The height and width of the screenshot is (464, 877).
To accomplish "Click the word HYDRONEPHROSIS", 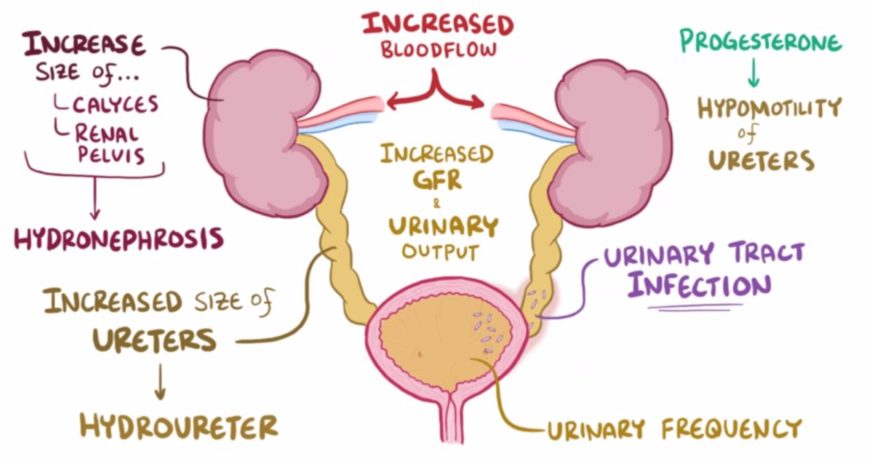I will click(119, 239).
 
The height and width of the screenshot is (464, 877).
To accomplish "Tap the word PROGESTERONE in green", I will click(759, 42).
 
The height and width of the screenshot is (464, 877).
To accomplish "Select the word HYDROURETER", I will click(179, 426).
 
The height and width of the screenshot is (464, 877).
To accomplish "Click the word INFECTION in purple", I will click(700, 284).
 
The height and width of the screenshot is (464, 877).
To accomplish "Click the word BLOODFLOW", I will click(438, 51).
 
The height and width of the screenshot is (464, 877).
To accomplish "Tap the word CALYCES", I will click(116, 104).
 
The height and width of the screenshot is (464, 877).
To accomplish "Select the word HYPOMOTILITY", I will click(769, 108).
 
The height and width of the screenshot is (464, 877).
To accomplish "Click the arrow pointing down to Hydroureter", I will click(160, 382).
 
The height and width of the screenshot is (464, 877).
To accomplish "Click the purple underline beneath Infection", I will click(695, 307).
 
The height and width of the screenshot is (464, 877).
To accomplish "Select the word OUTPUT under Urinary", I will click(439, 251).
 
